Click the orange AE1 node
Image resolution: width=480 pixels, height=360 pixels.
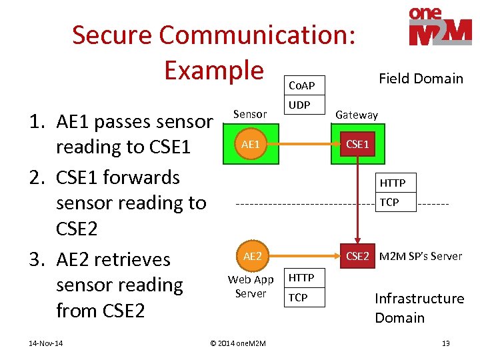(251, 145)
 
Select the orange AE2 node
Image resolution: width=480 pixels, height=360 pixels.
(252, 256)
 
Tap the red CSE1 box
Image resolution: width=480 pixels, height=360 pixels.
(357, 145)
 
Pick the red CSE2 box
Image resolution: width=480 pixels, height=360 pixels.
(357, 256)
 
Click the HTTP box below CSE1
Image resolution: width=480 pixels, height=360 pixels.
(393, 183)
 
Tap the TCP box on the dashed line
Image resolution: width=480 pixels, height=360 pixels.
(393, 202)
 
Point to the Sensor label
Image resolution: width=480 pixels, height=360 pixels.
(250, 114)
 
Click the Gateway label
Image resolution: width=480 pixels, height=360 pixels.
(357, 115)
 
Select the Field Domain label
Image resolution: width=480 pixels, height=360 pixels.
(421, 79)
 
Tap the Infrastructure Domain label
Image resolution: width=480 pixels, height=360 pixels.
(419, 308)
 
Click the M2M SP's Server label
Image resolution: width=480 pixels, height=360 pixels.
(420, 256)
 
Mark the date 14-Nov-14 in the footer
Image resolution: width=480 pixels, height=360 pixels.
(46, 343)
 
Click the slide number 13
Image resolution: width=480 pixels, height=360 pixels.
(445, 343)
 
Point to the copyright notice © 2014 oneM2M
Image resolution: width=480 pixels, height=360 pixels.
(238, 343)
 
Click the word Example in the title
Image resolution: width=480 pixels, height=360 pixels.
(214, 69)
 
